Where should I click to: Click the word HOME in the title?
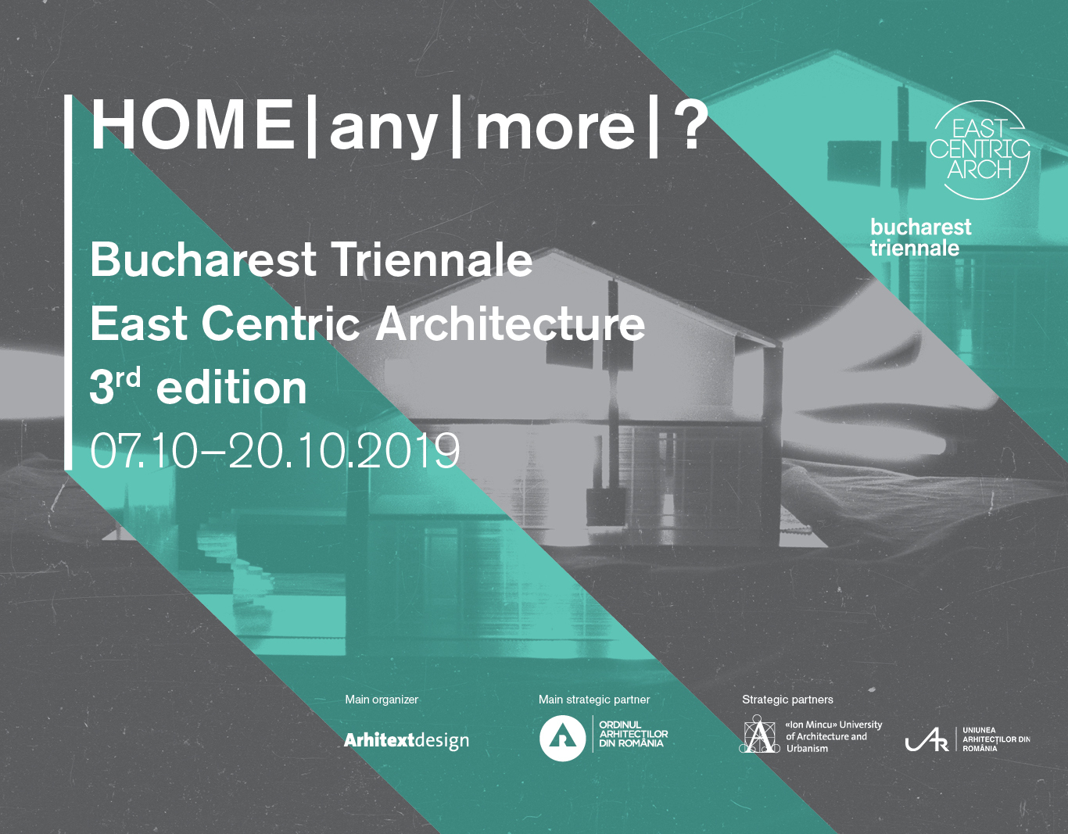192,125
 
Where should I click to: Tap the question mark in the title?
690,125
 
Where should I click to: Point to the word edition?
231,388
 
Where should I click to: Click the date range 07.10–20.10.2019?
275,450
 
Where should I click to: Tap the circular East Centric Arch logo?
979,150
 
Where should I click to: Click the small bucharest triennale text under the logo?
920,238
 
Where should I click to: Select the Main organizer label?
382,700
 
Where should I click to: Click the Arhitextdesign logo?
407,739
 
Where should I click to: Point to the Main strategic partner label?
594,700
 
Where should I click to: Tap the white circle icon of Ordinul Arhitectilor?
562,738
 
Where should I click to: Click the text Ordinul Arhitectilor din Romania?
633,735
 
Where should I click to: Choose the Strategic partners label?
787,700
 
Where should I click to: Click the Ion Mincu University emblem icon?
759,734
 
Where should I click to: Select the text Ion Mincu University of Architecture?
833,736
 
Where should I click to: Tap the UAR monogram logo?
926,739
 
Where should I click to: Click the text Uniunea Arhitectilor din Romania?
996,739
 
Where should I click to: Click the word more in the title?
555,127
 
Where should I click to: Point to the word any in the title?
384,130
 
